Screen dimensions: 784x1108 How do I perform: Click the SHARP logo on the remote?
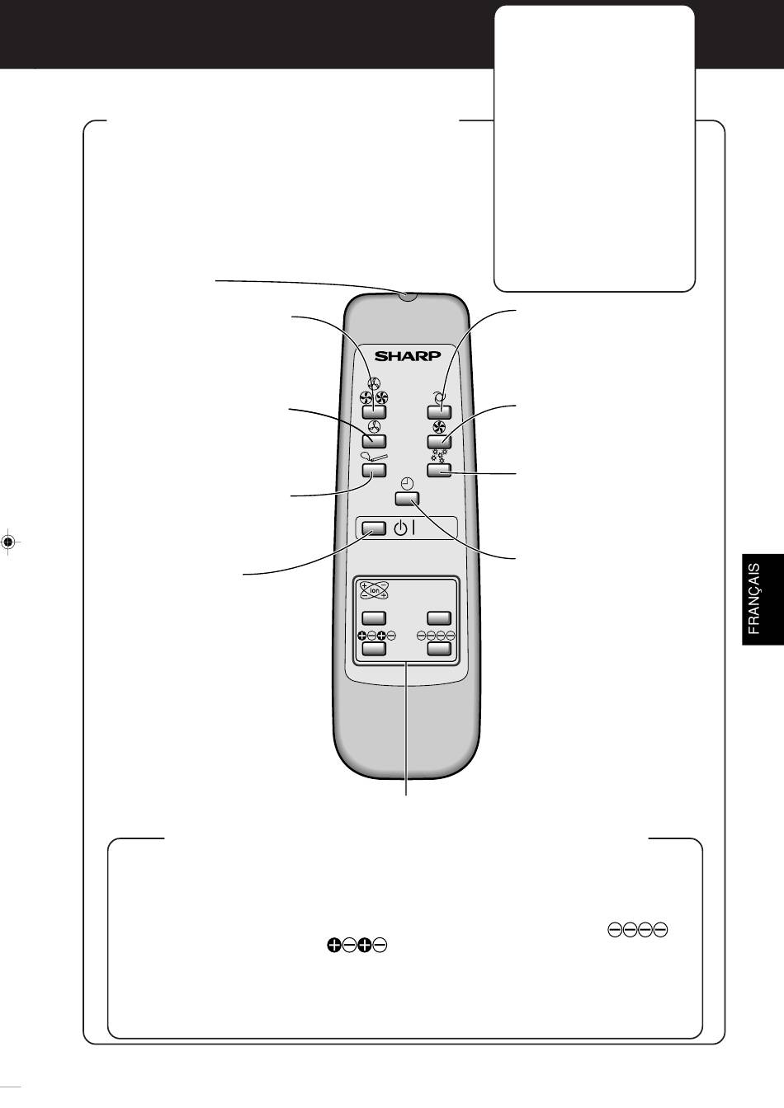407,356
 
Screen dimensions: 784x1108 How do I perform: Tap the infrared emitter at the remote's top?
407,296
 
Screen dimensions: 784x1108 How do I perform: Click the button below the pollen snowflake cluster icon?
439,470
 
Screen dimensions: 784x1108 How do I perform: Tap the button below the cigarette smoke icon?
374,470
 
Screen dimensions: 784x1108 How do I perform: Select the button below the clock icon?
407,499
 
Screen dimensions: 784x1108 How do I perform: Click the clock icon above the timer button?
407,484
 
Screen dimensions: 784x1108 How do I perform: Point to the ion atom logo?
374,590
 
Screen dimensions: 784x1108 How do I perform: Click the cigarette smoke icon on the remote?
374,457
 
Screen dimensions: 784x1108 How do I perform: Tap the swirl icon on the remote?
439,397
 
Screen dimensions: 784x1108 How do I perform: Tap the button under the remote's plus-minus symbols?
374,649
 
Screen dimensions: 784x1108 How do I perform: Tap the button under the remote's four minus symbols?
439,649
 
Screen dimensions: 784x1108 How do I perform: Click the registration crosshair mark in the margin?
7,542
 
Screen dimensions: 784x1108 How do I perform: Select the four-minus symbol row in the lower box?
637,930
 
